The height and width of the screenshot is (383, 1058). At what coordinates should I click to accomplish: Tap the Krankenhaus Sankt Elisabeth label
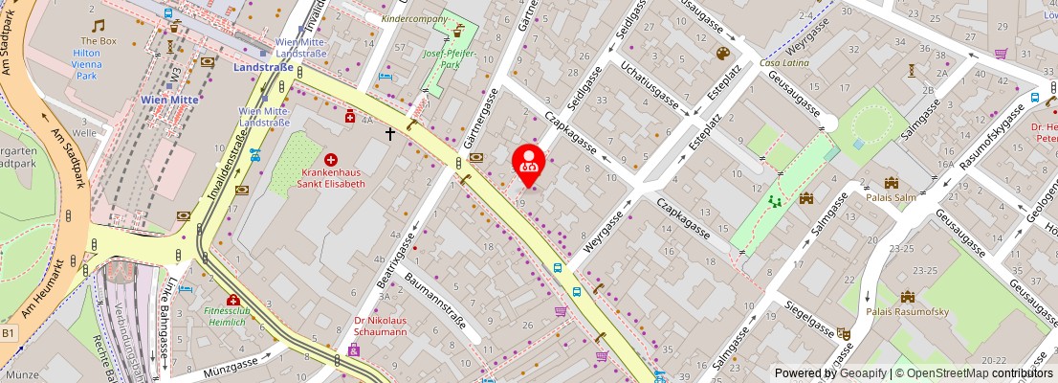click(331, 177)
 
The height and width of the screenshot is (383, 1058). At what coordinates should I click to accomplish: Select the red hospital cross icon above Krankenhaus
click(331, 159)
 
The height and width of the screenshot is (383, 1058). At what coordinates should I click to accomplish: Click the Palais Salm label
click(891, 199)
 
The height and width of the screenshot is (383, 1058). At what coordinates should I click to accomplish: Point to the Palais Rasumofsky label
click(908, 311)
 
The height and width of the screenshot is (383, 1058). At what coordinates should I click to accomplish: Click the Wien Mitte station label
click(169, 99)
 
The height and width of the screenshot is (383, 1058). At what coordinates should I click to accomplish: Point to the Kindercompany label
click(414, 18)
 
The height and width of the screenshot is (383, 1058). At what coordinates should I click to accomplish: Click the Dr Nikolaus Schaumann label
click(381, 326)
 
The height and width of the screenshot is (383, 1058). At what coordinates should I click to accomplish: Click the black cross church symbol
click(390, 134)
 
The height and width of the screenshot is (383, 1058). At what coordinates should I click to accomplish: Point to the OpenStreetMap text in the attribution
click(943, 373)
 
